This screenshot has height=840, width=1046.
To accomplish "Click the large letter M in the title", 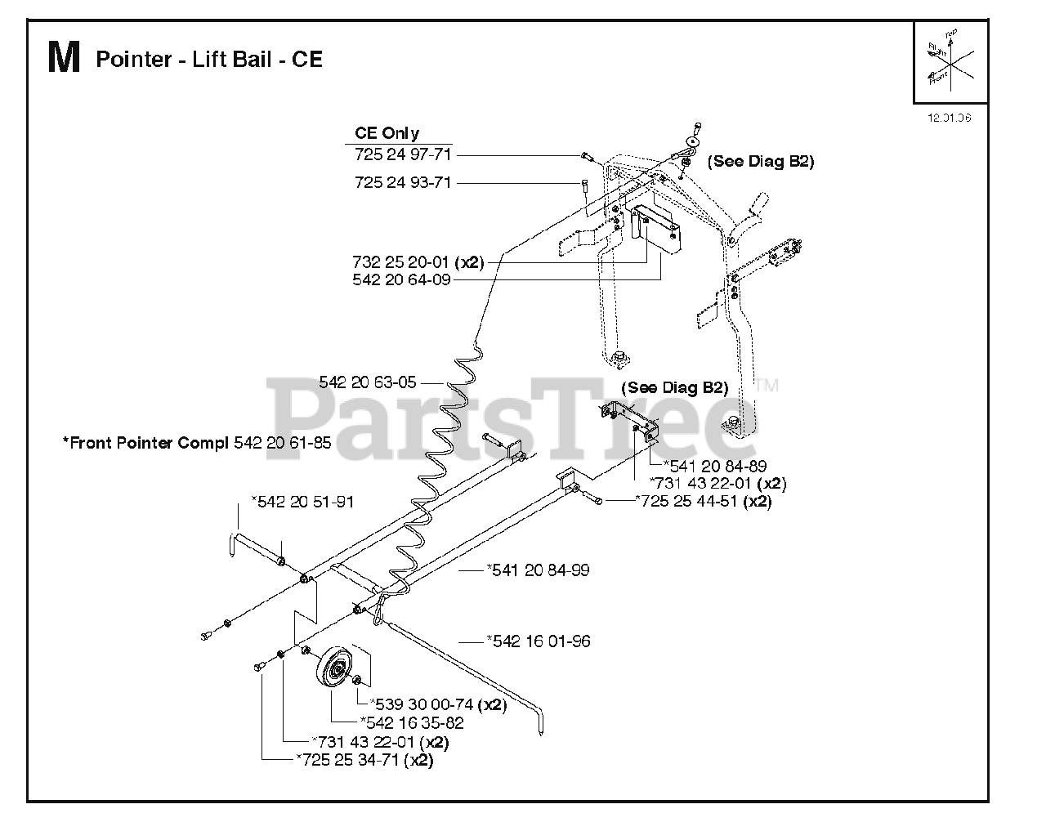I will pyautogui.click(x=64, y=59).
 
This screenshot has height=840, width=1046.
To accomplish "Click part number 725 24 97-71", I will pyautogui.click(x=403, y=154).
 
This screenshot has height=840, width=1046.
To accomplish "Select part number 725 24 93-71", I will pyautogui.click(x=403, y=183).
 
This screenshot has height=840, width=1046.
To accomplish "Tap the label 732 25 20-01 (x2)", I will pyautogui.click(x=418, y=263).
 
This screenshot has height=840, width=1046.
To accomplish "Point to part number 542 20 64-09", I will pyautogui.click(x=401, y=279).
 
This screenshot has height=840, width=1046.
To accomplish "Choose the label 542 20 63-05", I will pyautogui.click(x=368, y=382).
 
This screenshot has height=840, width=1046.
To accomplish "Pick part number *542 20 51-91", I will pyautogui.click(x=302, y=502).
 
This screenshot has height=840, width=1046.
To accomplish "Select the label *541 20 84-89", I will pyautogui.click(x=715, y=466).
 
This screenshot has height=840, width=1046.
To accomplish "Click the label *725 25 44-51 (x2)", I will pyautogui.click(x=704, y=501).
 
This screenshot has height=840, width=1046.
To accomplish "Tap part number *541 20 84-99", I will pyautogui.click(x=538, y=570).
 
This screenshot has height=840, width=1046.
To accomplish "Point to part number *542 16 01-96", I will pyautogui.click(x=539, y=641).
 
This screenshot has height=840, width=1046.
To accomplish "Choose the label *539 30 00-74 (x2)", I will pyautogui.click(x=438, y=704).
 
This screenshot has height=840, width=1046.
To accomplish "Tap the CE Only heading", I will pyautogui.click(x=387, y=133).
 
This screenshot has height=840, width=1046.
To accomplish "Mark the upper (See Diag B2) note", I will pyautogui.click(x=761, y=162).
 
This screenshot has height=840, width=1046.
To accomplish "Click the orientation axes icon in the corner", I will pyautogui.click(x=950, y=64).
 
